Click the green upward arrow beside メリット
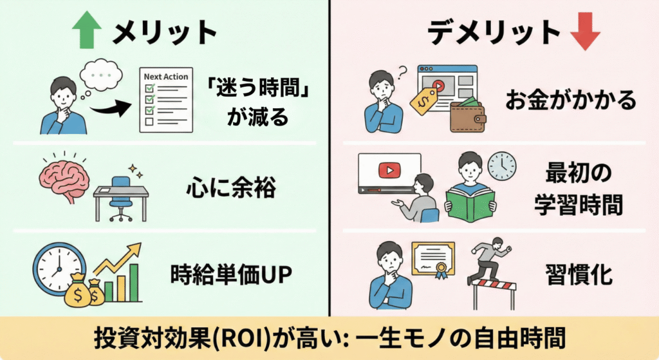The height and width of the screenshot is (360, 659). point(88,32)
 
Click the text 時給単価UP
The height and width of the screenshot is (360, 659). point(232,275)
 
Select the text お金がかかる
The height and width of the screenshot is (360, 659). point(571,99)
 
